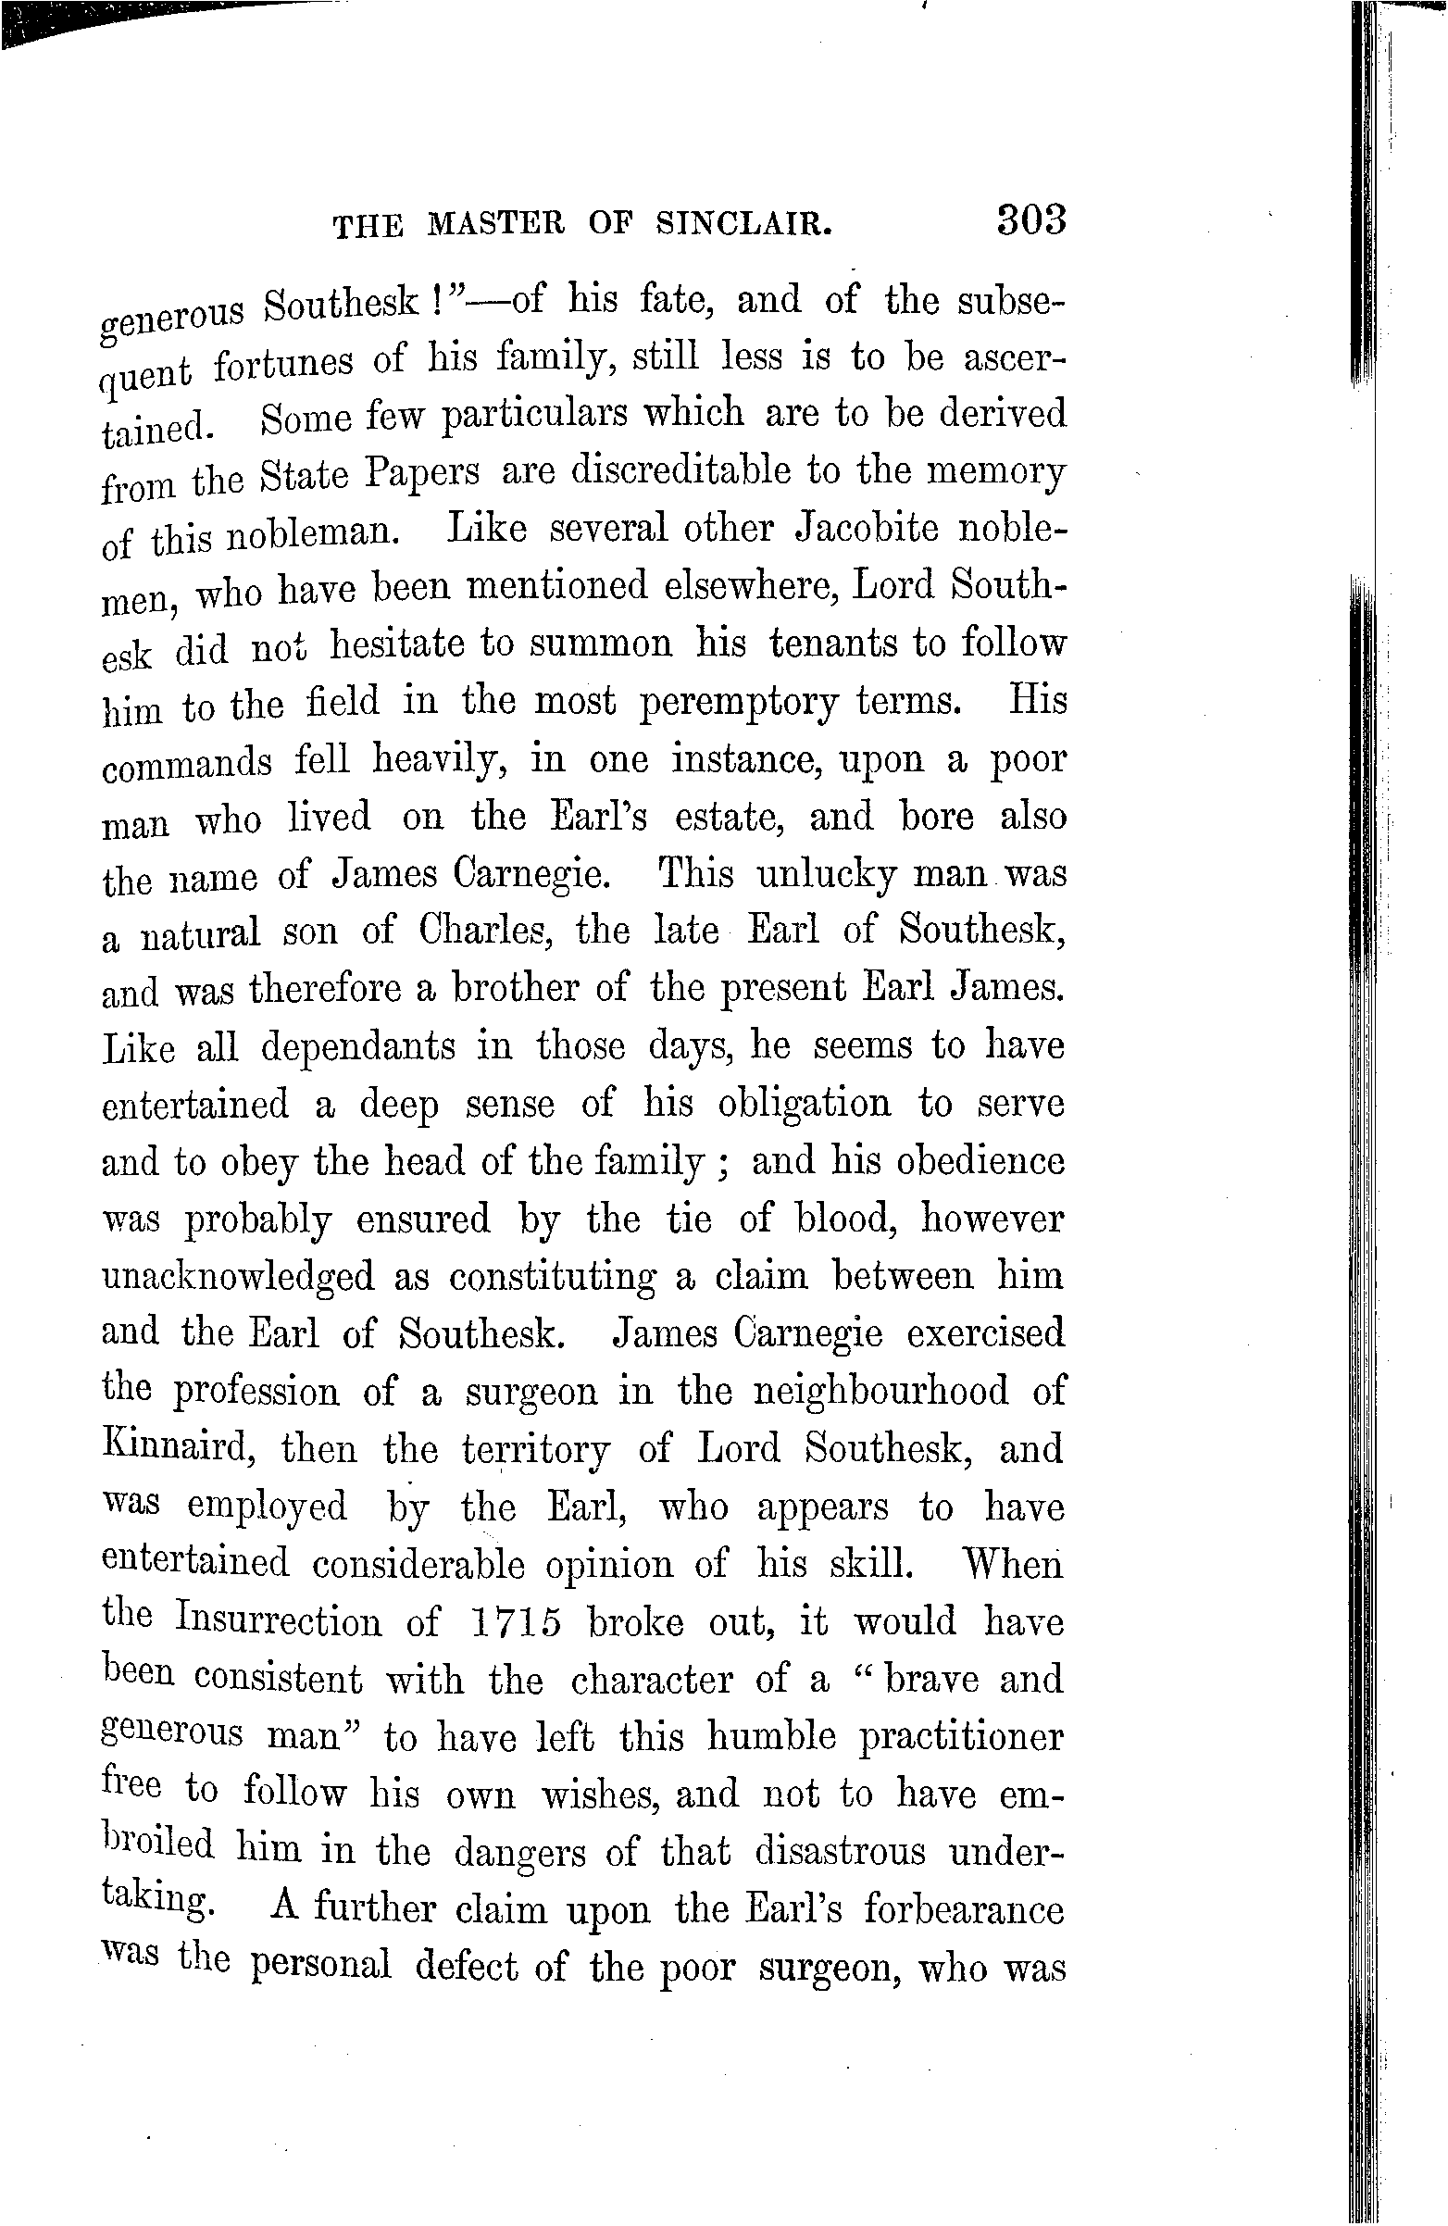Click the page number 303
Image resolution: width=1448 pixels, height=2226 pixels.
click(1030, 220)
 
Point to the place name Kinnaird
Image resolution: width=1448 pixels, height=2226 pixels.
click(179, 1448)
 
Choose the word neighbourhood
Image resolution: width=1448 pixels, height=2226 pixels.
click(881, 1391)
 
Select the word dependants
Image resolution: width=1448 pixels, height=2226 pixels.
click(358, 1046)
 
